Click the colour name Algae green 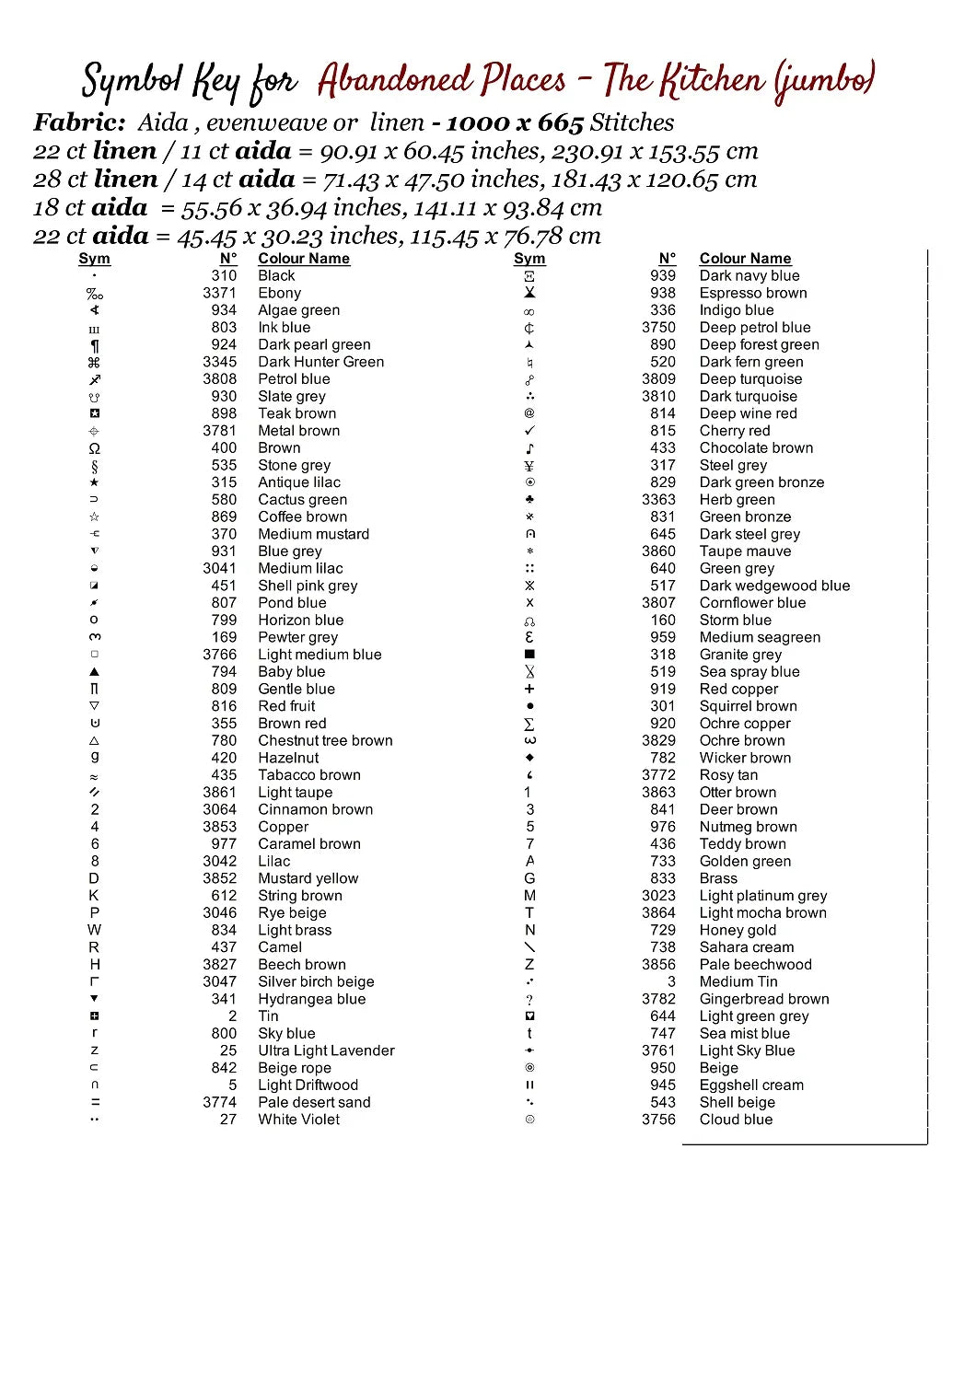tap(298, 310)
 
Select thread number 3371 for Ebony tap(219, 293)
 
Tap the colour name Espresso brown tap(752, 293)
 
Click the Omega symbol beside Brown tap(94, 448)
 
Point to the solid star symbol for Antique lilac tap(94, 482)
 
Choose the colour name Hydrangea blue tap(311, 999)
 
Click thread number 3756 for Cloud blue tap(658, 1120)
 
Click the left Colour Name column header tap(303, 259)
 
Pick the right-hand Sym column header tap(529, 259)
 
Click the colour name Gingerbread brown tap(763, 999)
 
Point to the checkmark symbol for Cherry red tap(529, 431)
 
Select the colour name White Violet tap(298, 1120)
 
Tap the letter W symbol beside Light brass tap(94, 930)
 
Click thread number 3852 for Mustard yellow tap(219, 878)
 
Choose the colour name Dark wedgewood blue tap(774, 586)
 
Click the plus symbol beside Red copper tap(529, 689)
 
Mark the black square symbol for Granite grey tap(529, 655)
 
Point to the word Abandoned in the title tap(441, 81)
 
